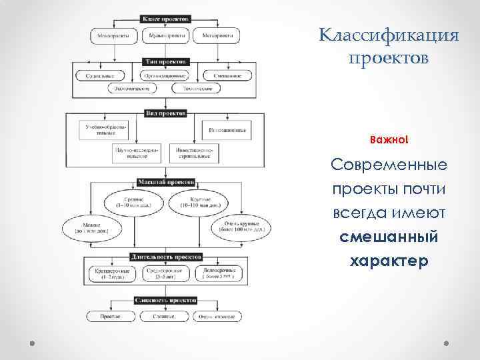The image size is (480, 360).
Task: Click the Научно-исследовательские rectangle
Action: (x=137, y=153)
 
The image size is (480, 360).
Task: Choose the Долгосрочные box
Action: (x=217, y=273)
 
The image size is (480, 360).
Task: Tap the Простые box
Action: (x=109, y=316)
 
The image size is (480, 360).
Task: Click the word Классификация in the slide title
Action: (x=389, y=35)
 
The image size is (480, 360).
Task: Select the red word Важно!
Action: (x=389, y=141)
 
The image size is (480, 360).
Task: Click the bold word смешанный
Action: (x=389, y=237)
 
